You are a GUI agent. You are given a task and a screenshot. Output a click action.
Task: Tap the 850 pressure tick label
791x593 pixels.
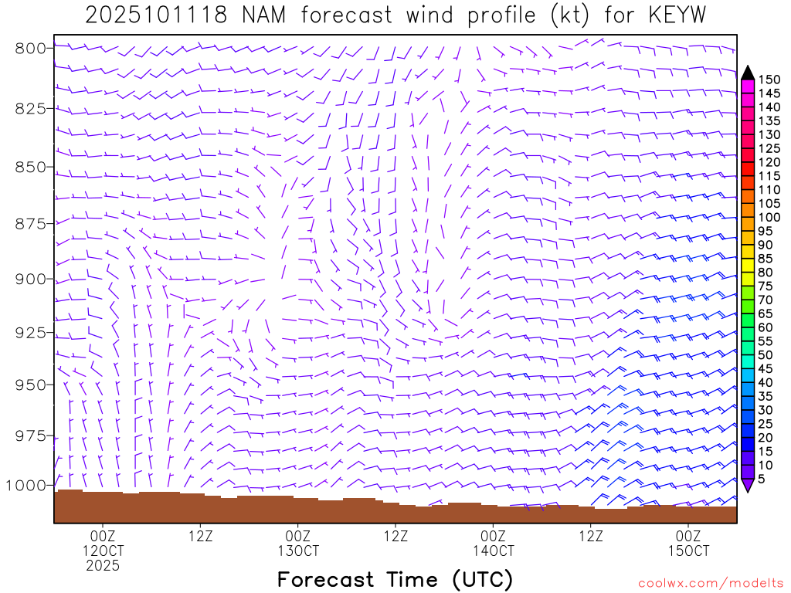coord(31,167)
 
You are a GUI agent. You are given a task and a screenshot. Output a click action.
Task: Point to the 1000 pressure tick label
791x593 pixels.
coord(26,485)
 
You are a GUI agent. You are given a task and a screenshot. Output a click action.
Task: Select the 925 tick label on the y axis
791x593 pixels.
coord(31,333)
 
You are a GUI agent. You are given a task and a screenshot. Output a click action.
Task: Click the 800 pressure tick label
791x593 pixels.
coord(31,48)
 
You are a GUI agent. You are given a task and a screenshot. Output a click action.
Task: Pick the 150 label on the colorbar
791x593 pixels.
coord(769,80)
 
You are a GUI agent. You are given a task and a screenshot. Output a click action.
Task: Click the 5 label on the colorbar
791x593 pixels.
coord(762,479)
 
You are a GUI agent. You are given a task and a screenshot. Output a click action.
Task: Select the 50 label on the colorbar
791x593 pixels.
coord(766,355)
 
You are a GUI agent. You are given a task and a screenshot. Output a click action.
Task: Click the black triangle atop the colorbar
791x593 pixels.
coord(748,73)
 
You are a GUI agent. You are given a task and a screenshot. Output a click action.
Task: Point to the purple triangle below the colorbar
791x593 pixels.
coord(748,485)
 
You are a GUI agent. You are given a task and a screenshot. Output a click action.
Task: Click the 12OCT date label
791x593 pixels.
coord(103,551)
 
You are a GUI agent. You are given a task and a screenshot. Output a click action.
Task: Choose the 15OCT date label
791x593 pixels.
coord(688,551)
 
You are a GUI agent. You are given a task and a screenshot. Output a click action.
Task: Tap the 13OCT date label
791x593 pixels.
coord(298,551)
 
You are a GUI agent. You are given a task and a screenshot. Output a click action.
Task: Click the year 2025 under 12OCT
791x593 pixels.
coord(103,566)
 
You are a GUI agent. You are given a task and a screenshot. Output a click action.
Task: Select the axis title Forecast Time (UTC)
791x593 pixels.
coord(395,579)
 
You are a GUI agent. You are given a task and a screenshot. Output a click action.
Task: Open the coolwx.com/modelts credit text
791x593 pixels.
coord(711,584)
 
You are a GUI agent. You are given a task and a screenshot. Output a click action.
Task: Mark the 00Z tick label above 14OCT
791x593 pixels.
coord(493,536)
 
